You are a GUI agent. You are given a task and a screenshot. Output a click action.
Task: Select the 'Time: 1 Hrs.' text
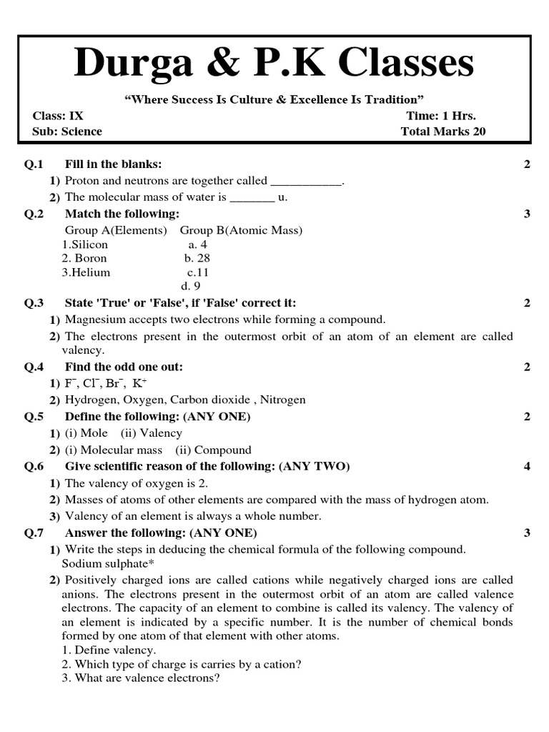coord(441,116)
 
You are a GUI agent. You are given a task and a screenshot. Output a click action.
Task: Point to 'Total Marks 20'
coord(443,132)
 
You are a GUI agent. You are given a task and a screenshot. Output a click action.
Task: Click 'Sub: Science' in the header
coord(67,132)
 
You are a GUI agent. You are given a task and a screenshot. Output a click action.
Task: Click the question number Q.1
coord(34,164)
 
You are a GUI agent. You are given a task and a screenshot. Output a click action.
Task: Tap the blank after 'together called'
coord(306,182)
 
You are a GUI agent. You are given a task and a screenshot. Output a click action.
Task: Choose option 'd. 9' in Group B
coord(191,287)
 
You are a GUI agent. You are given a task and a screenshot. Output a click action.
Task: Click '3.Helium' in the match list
coord(86,272)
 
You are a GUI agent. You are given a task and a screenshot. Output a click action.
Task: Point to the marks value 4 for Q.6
coord(527,467)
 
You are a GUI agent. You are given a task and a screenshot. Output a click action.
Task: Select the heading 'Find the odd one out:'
coord(124,367)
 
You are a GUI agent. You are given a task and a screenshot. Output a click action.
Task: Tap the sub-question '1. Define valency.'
coord(108,650)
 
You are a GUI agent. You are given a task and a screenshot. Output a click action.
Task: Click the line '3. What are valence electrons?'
coord(140,678)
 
